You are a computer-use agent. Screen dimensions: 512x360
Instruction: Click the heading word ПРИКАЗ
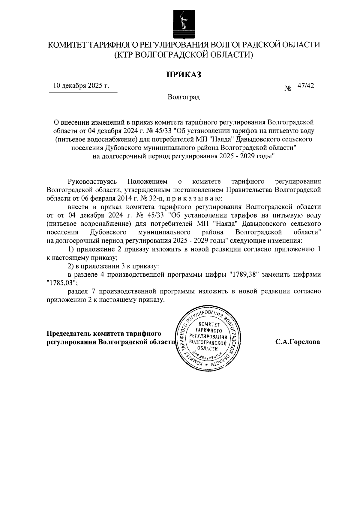tap(184, 75)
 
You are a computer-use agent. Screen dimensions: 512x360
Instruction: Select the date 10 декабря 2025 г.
tap(81, 86)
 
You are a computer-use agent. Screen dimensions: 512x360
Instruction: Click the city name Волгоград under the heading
tap(184, 97)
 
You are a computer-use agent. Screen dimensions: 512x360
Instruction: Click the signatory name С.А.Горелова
tap(298, 342)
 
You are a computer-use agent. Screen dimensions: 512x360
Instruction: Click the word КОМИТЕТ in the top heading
tap(70, 45)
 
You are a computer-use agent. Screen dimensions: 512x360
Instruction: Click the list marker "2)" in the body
tap(71, 266)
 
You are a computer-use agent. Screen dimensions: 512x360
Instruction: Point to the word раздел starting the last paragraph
tap(77, 291)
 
